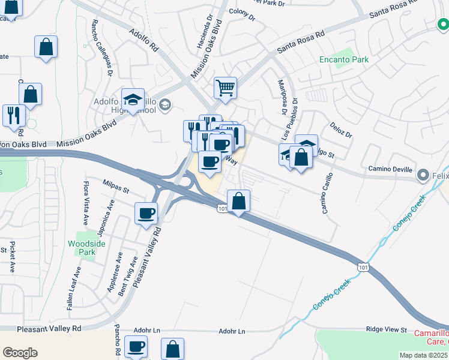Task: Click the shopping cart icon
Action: (x=225, y=88)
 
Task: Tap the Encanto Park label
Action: (x=343, y=60)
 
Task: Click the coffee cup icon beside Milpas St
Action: (x=146, y=213)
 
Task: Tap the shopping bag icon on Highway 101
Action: (x=239, y=201)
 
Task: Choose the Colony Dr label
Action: (x=242, y=14)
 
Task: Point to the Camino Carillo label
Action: (x=328, y=199)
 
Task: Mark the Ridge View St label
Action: (x=387, y=330)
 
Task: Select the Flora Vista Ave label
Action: (x=86, y=202)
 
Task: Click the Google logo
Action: (x=20, y=353)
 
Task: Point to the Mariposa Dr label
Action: (x=280, y=97)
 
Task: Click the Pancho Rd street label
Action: (x=117, y=343)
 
